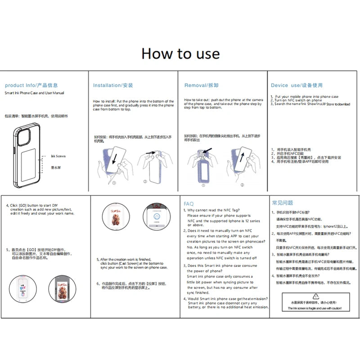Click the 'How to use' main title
point(180,54)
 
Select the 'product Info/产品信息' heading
point(31,85)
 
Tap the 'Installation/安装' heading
point(113,85)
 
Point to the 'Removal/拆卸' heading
point(201,85)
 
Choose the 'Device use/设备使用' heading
point(297,85)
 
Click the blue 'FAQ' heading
point(189,203)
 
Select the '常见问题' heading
point(283,203)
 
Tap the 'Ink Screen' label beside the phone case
point(58,156)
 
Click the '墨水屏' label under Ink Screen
point(56,167)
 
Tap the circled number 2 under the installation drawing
point(145,182)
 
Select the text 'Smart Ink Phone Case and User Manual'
point(34,93)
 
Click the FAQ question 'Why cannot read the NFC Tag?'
point(213,210)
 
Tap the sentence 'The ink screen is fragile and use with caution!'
point(315,308)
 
